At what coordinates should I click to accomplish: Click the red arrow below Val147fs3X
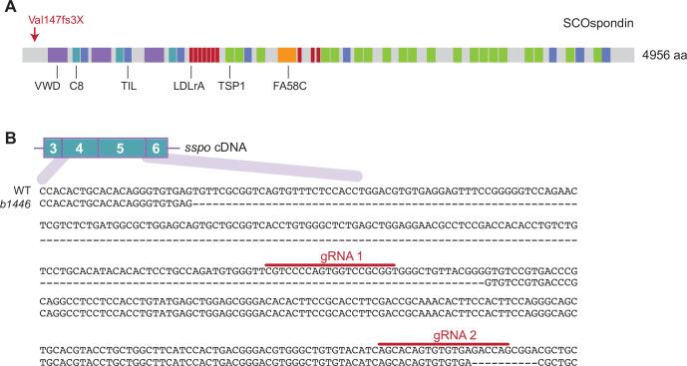[36, 36]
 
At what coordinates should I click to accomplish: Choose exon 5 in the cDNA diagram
[120, 149]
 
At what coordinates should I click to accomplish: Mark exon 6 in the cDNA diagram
[156, 149]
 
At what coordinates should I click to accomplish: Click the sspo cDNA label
[215, 149]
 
